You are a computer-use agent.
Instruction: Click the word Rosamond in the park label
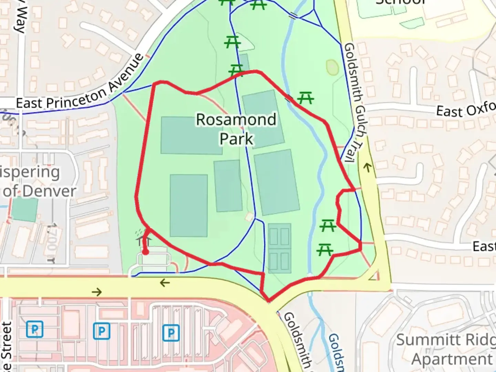coord(236,120)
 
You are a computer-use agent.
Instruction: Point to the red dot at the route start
coord(145,252)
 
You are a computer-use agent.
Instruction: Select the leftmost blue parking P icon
coord(35,330)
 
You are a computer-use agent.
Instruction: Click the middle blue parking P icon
coord(102,331)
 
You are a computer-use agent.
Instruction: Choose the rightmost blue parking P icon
coord(171,333)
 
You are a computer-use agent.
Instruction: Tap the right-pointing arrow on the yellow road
coord(97,292)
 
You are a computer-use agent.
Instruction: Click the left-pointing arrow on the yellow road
coord(165,283)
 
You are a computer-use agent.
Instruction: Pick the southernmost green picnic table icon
coord(325,249)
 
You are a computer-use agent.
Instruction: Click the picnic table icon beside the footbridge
coord(306,98)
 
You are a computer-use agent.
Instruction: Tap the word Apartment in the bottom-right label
coord(452,359)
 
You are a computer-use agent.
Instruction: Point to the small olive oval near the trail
coord(332,68)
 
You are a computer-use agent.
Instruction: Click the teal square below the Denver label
coord(24,209)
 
